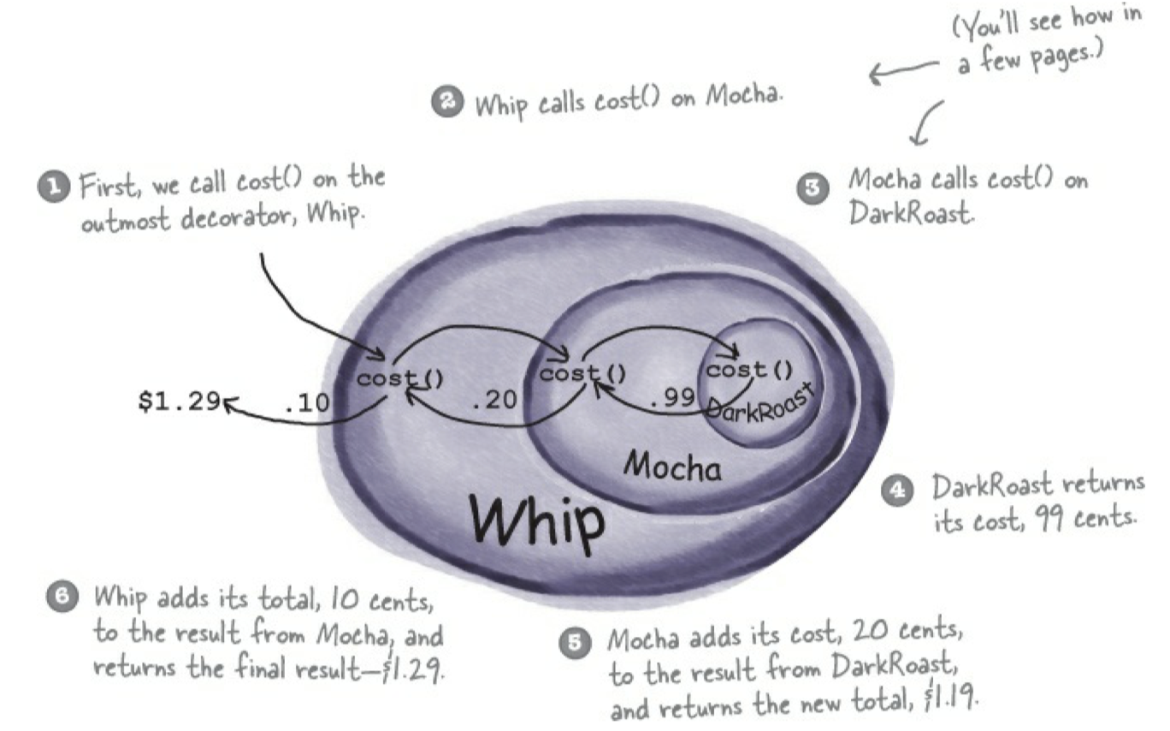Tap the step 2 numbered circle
click(x=447, y=103)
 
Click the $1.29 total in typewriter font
click(x=177, y=401)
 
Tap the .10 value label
click(x=306, y=401)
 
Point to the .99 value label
click(x=671, y=400)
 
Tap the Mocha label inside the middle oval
click(x=672, y=466)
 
